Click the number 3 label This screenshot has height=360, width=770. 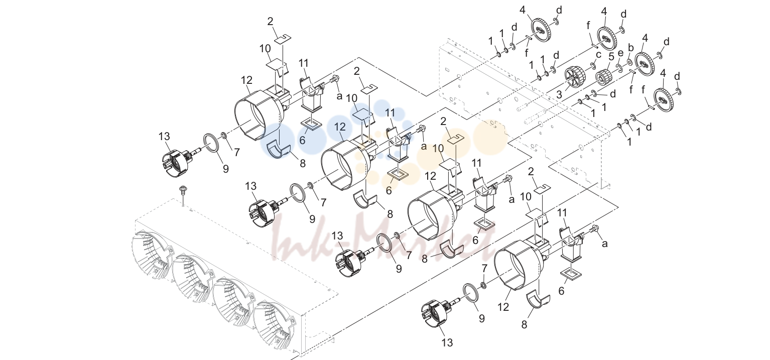point(559,94)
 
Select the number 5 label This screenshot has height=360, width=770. point(611,56)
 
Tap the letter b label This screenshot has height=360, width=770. point(630,48)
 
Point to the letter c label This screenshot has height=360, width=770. point(598,54)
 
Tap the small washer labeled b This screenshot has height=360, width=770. point(629,62)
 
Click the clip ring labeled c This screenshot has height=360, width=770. point(593,66)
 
